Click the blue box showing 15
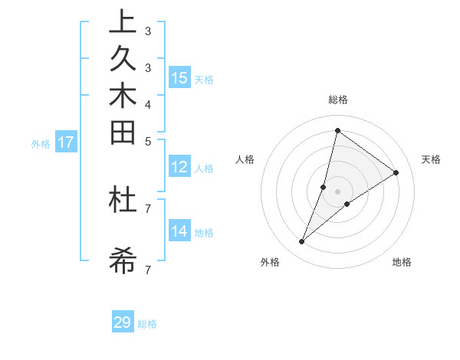point(179,78)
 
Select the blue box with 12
point(179,168)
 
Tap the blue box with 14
point(179,232)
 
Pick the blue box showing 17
point(66,142)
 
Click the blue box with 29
point(123,322)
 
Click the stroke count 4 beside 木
point(147,103)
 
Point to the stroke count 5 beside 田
point(147,141)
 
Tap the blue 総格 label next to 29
point(147,324)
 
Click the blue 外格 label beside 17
point(41,143)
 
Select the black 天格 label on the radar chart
point(431,159)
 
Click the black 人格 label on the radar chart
point(245,159)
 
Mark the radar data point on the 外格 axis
point(302,242)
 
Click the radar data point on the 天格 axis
point(396,173)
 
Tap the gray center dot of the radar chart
point(337,191)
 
